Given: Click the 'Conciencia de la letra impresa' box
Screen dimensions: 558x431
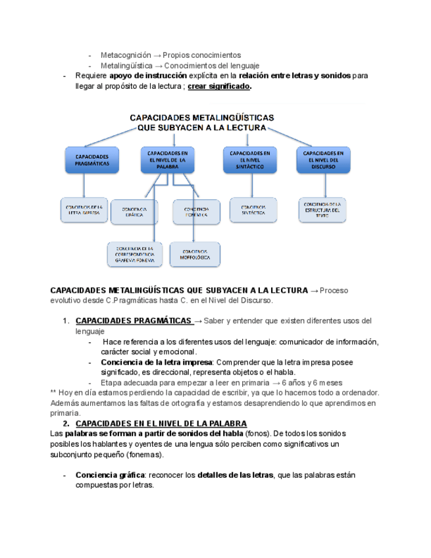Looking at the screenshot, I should [x=83, y=210].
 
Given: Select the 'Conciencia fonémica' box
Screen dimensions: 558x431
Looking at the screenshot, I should [x=196, y=212].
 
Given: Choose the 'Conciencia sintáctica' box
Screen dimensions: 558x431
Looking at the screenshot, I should [x=253, y=210].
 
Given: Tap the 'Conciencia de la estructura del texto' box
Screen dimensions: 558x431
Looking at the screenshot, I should [x=322, y=210].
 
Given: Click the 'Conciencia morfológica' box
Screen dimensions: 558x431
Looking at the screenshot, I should [x=195, y=255].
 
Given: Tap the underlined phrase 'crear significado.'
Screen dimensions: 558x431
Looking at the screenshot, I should [x=218, y=86].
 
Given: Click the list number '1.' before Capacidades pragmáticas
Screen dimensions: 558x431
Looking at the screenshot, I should [x=66, y=320].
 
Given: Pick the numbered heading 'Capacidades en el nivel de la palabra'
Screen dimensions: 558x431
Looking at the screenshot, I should [x=161, y=423].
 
